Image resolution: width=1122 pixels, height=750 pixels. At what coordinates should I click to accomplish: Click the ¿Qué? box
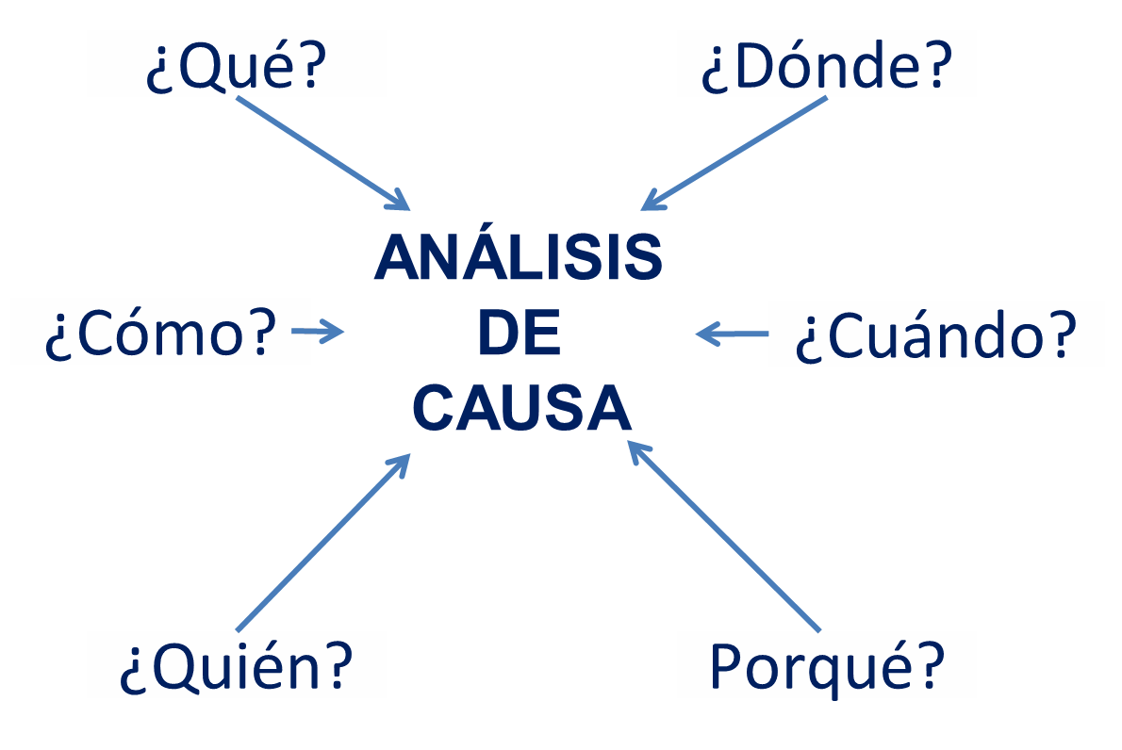236,63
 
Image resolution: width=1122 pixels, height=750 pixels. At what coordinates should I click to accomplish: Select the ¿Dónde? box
826,63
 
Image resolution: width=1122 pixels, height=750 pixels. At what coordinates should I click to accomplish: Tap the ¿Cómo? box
160,332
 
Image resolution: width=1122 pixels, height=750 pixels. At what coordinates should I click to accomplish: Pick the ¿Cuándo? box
935,334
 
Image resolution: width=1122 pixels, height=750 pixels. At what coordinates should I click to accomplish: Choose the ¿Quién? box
236,664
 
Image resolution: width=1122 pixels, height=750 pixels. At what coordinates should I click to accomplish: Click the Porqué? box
826,664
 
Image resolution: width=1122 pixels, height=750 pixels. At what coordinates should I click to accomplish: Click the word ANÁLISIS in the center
519,258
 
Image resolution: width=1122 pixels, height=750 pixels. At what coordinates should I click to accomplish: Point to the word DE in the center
520,334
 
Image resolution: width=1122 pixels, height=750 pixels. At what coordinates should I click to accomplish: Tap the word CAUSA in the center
521,408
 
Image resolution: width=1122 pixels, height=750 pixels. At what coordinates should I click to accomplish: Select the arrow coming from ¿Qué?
322,152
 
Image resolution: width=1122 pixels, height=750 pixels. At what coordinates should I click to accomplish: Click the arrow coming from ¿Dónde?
735,154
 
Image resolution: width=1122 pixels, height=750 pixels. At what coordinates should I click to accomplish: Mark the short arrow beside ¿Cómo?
318,331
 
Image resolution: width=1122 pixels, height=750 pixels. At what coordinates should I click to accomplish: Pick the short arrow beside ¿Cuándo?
732,334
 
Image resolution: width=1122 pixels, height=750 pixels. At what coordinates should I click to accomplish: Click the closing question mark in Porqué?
931,664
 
